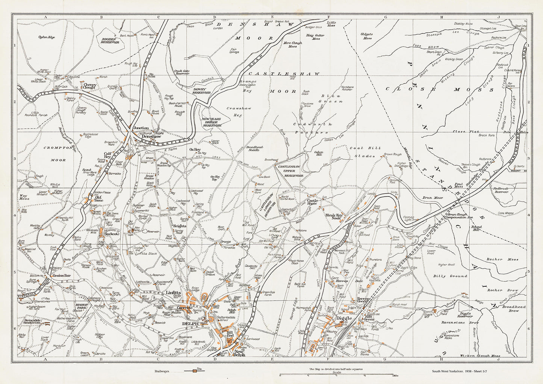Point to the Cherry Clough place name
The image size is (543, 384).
[x=90, y=86]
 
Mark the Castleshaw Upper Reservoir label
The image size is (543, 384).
[x=290, y=171]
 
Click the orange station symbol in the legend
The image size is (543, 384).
[x=195, y=371]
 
